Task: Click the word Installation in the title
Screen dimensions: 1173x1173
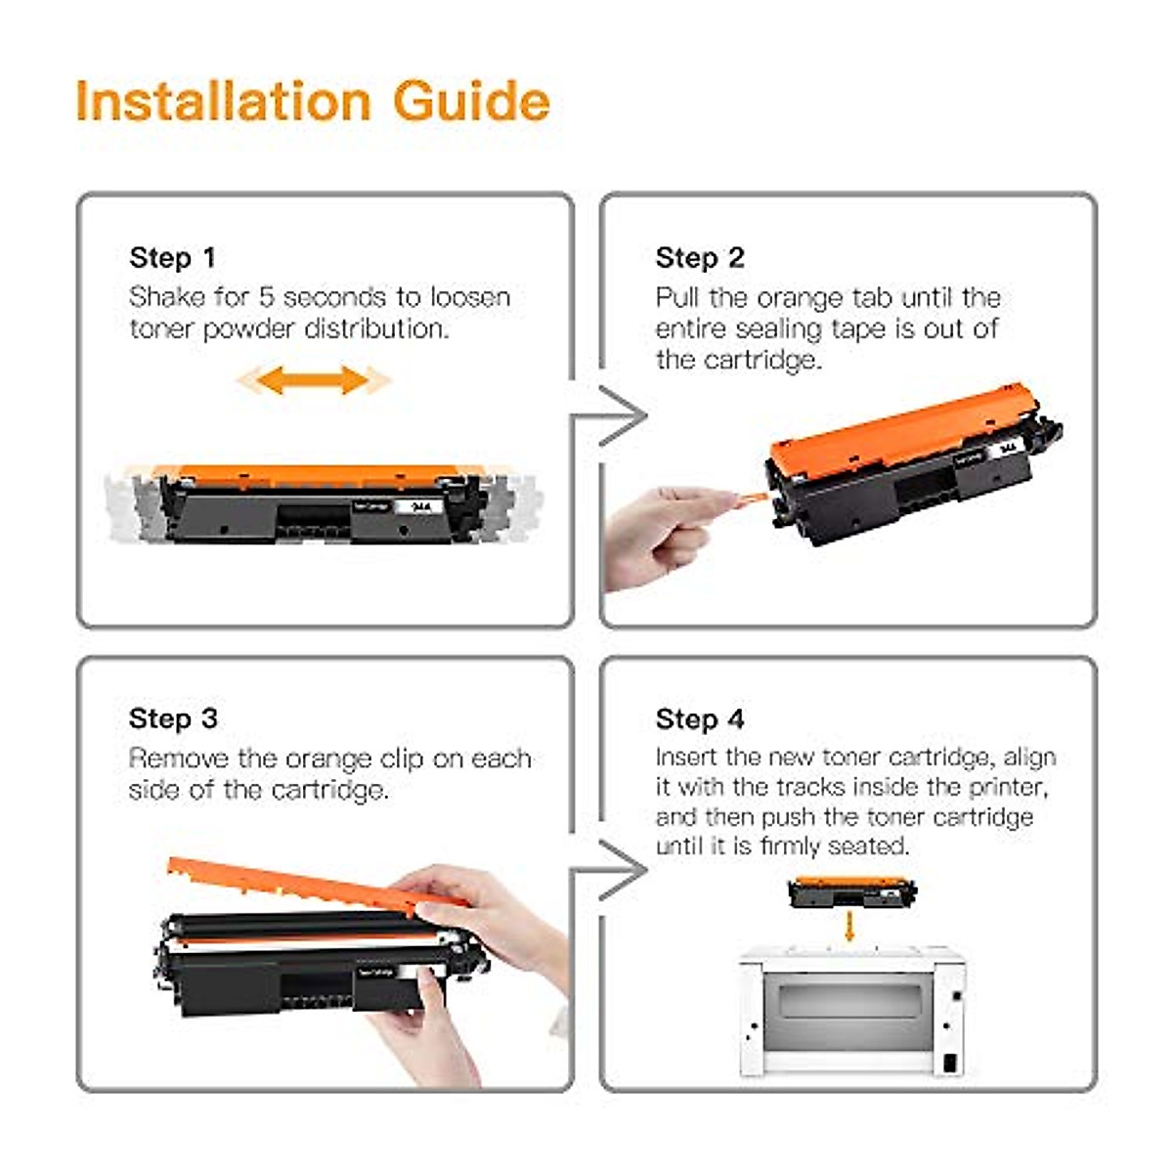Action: tap(224, 101)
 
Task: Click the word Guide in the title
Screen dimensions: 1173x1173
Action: tap(472, 101)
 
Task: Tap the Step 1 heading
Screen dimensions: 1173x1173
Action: tap(172, 257)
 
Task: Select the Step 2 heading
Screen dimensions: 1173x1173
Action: tap(700, 257)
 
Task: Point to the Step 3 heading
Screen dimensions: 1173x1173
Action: tap(173, 718)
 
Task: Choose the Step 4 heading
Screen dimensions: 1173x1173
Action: tap(700, 718)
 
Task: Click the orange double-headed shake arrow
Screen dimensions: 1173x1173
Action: tap(314, 380)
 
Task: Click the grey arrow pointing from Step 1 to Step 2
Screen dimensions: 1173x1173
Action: tap(609, 415)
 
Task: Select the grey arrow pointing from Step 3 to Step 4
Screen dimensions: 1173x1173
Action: tap(609, 871)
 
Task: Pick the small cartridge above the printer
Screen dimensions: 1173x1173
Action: tap(852, 892)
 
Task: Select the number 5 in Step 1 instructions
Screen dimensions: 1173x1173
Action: tap(267, 298)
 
